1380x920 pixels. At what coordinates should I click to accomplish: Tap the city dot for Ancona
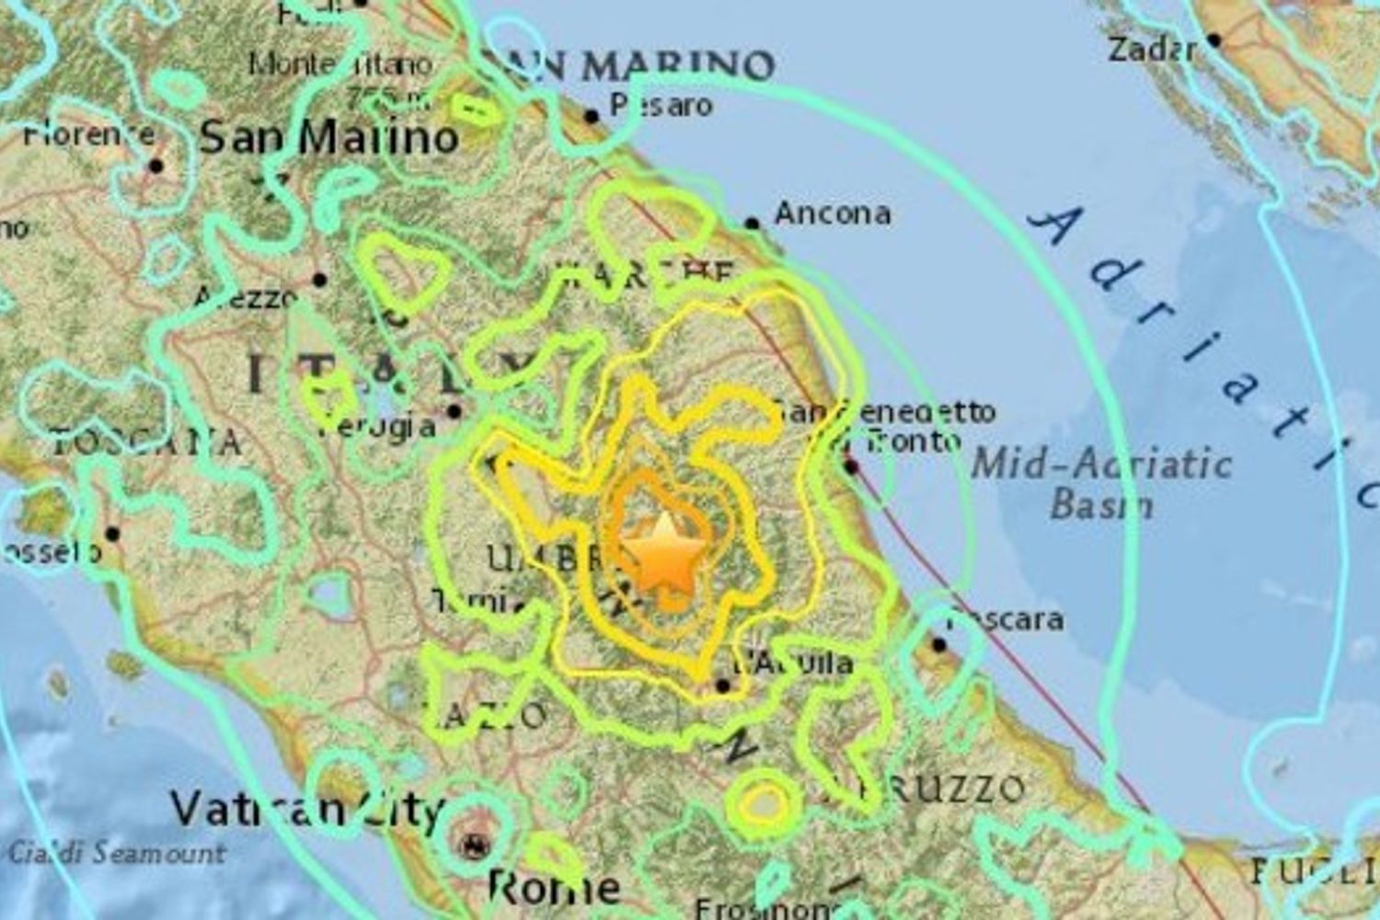coord(752,224)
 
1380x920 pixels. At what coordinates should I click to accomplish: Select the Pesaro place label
coord(661,106)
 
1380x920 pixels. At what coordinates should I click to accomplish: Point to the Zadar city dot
coord(1213,40)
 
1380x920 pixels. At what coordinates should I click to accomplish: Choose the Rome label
coord(554,888)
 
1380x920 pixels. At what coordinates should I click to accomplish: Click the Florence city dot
coord(155,167)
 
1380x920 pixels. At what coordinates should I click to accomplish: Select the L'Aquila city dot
coord(723,685)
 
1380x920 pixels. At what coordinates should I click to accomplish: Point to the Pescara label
coord(1006,619)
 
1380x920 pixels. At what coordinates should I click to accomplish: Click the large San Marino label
coord(328,138)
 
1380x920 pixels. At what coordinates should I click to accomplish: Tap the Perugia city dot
coord(454,411)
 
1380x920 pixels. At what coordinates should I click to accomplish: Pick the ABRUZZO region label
coord(925,789)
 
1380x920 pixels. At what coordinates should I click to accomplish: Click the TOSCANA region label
coord(147,443)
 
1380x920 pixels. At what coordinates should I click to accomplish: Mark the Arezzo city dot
coord(319,280)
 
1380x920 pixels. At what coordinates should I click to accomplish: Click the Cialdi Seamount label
coord(116,853)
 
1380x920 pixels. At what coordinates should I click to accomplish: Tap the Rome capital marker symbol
coord(475,843)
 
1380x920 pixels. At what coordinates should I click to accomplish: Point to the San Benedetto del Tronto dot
coord(851,466)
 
